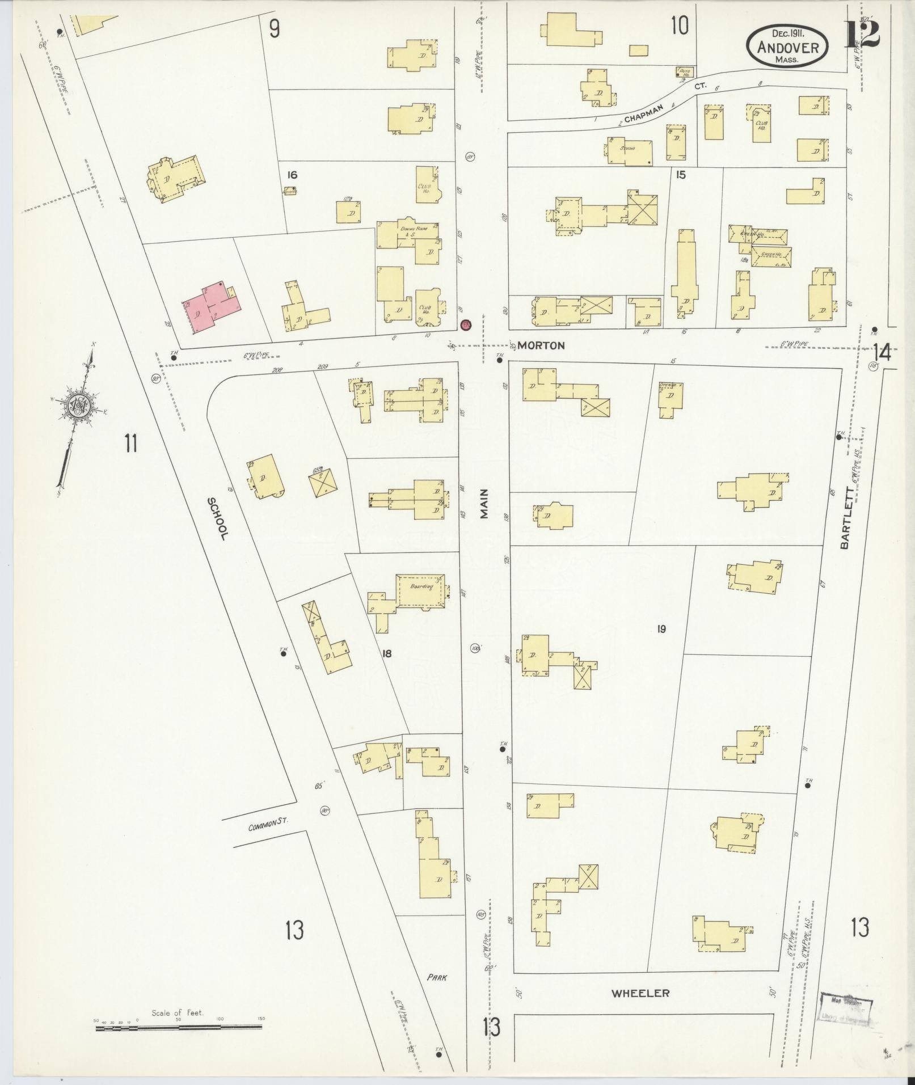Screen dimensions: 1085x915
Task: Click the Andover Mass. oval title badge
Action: [787, 46]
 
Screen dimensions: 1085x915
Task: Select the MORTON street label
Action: [541, 345]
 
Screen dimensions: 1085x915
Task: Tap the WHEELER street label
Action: [640, 993]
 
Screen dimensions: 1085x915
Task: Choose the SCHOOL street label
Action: [218, 518]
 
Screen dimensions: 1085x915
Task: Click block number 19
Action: [661, 628]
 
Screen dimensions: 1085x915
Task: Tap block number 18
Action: [387, 653]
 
